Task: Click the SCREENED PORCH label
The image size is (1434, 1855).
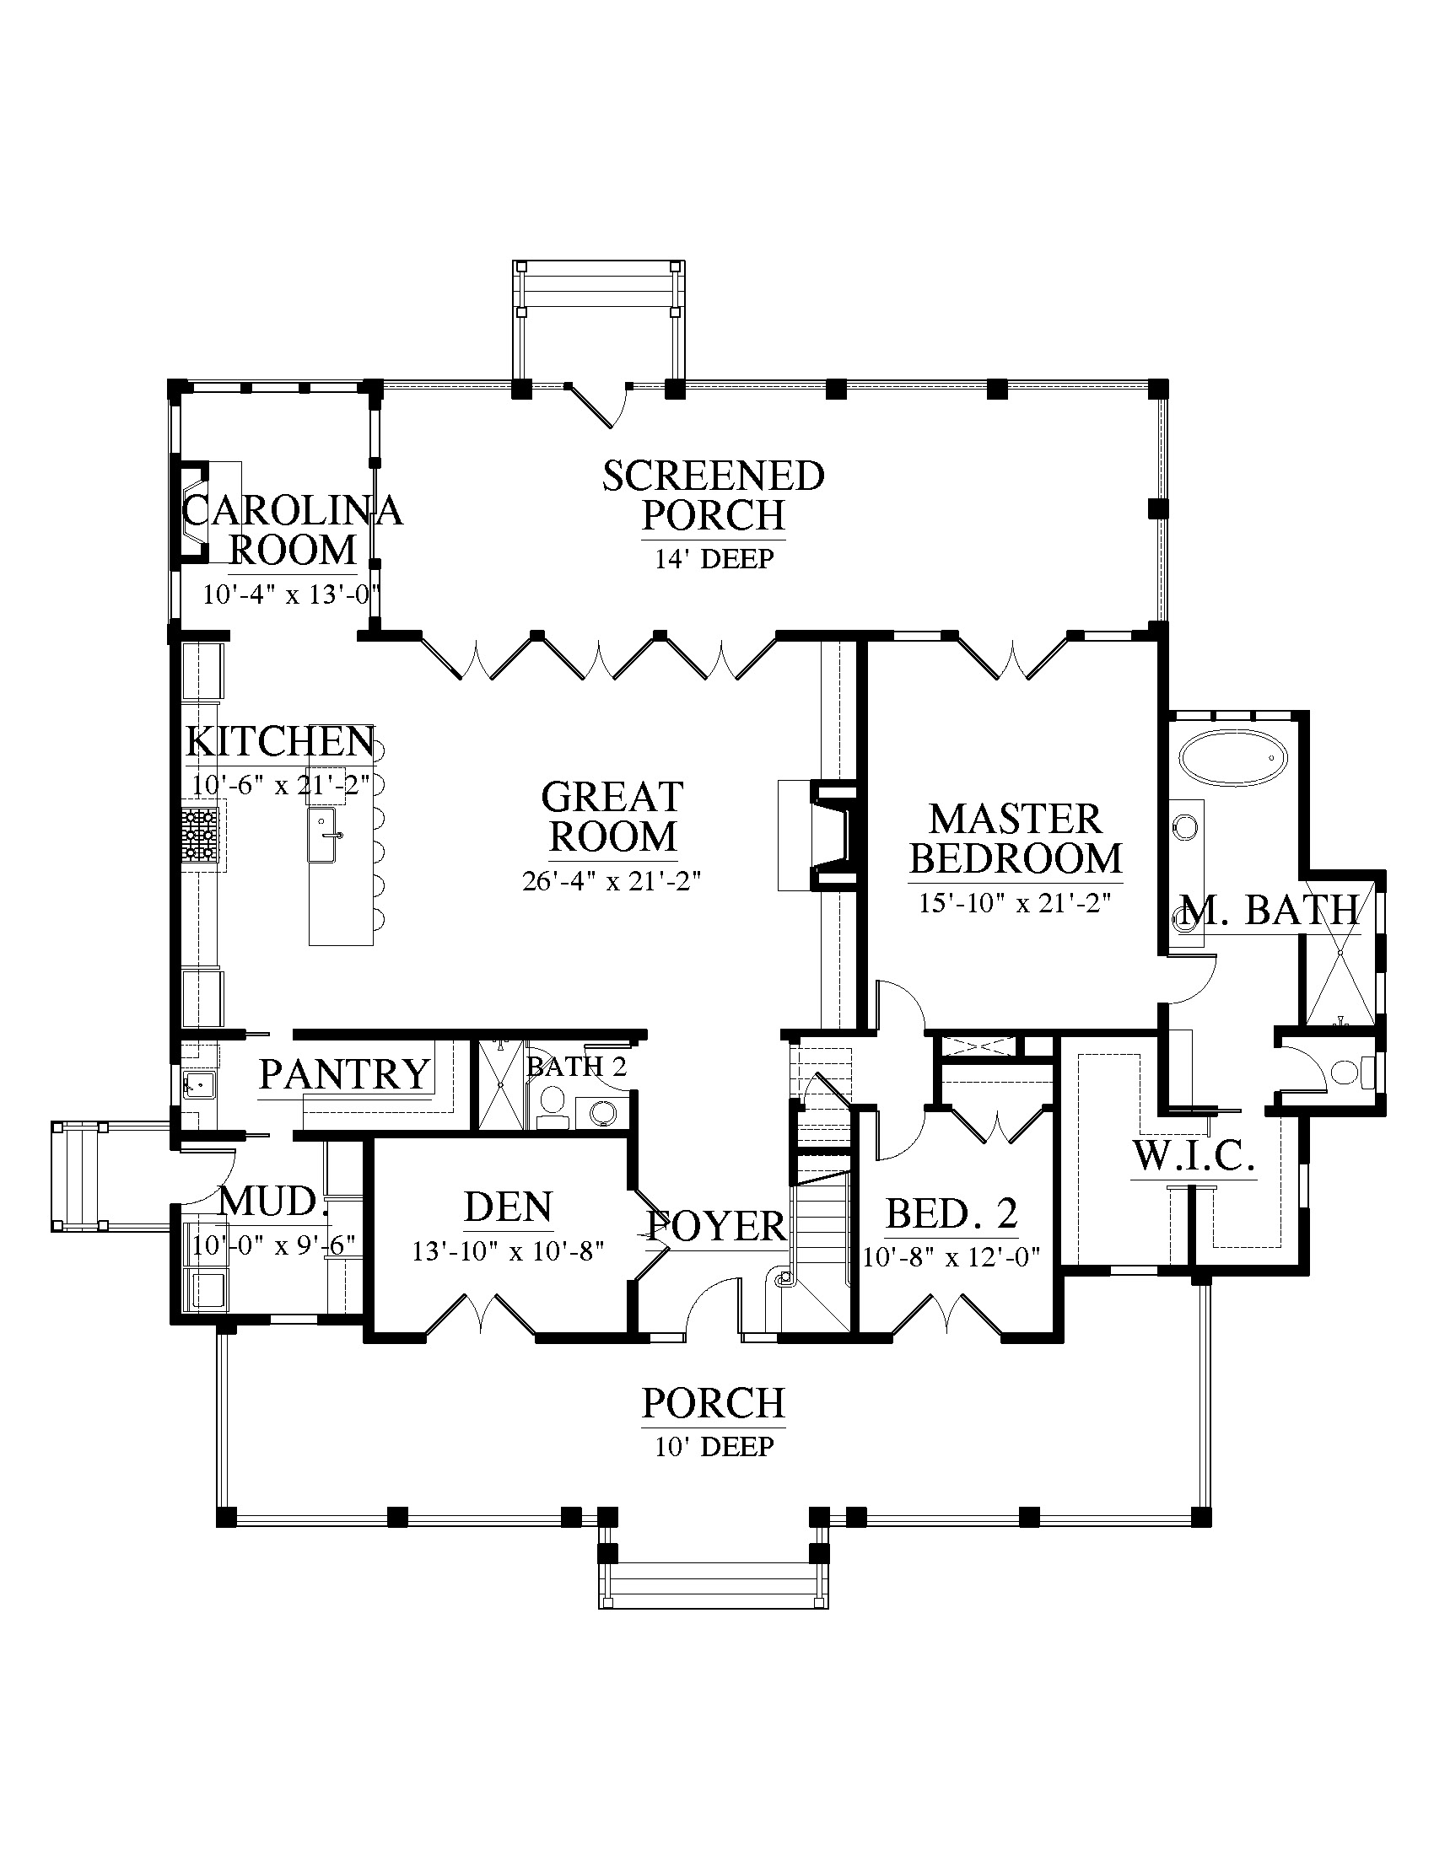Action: [x=714, y=495]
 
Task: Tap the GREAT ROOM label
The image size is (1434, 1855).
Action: [x=612, y=816]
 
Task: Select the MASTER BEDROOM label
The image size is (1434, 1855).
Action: [x=1016, y=838]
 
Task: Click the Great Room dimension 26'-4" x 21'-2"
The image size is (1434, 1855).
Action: [x=612, y=881]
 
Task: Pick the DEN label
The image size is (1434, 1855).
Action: [x=509, y=1207]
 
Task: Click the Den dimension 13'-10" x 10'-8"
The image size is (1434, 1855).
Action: [x=508, y=1251]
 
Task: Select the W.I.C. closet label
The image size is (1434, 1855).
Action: [x=1194, y=1156]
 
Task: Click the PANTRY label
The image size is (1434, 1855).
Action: [x=345, y=1074]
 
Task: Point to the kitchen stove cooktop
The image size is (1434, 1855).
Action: [x=201, y=836]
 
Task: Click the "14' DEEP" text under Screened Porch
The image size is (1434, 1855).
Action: [x=714, y=559]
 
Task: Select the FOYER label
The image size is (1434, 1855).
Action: [x=716, y=1226]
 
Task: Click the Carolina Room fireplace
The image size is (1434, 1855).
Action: [x=191, y=511]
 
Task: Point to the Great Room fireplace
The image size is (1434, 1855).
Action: [x=834, y=836]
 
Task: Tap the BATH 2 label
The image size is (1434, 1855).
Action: [x=577, y=1067]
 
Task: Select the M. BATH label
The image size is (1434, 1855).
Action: [x=1271, y=911]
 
